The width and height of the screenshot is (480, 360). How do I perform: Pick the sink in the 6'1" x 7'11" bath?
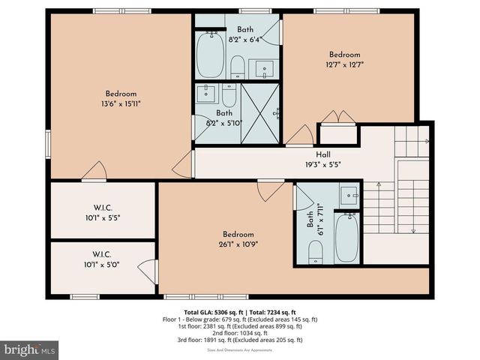[349, 196]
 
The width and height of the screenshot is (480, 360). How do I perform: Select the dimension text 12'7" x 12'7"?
[345, 64]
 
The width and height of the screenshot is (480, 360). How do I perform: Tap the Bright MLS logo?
[30, 349]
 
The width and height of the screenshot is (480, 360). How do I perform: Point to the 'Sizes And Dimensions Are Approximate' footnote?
[239, 349]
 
